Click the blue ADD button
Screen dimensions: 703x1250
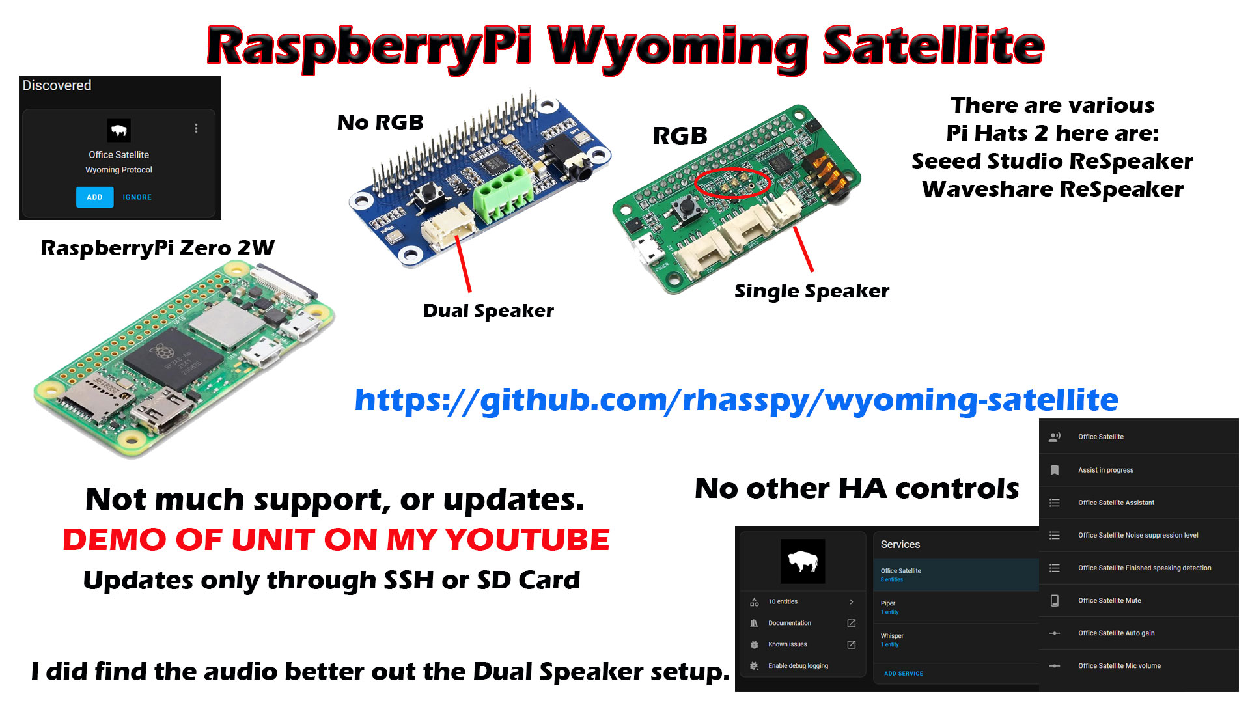[x=94, y=197]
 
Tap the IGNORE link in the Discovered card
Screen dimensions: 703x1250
[x=137, y=197]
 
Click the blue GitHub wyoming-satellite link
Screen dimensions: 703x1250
[x=736, y=400]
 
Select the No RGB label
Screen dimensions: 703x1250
[x=380, y=122]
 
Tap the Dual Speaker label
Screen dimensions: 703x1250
[x=488, y=310]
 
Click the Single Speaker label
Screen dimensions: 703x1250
[x=811, y=291]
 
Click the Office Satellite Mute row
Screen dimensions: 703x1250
[x=1109, y=600]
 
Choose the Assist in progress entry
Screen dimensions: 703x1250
[x=1105, y=470]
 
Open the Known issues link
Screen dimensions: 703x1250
[x=788, y=644]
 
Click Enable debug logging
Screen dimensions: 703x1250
[x=798, y=666]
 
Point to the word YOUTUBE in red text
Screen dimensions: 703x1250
[x=527, y=540]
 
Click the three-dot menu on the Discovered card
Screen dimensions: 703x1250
[x=196, y=128]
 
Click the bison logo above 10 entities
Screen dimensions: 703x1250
[x=803, y=561]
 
